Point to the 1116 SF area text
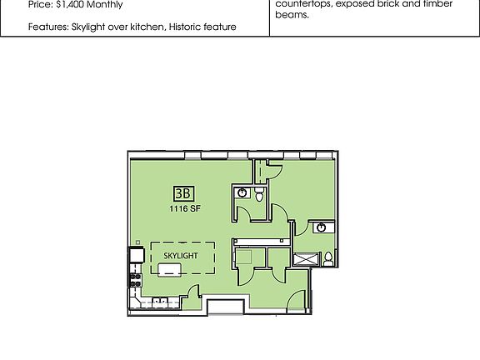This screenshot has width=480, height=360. (x=184, y=208)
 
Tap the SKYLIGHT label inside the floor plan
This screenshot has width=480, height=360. (x=181, y=255)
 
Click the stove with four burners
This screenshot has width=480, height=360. (x=133, y=278)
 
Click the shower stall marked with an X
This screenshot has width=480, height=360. (x=305, y=259)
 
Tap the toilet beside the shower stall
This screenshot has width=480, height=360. (x=328, y=257)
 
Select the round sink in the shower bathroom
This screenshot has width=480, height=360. (x=321, y=227)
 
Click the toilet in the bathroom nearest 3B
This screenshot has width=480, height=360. (x=259, y=195)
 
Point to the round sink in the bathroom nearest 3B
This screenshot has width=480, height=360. (x=242, y=192)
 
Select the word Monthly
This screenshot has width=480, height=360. (x=107, y=5)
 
